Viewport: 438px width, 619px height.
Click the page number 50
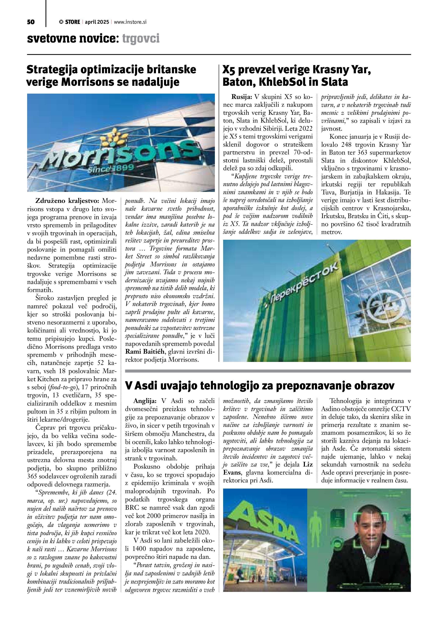tap(31, 22)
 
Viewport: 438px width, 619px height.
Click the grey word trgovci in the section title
tap(141, 39)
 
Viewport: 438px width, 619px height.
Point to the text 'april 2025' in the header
tap(97, 22)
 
